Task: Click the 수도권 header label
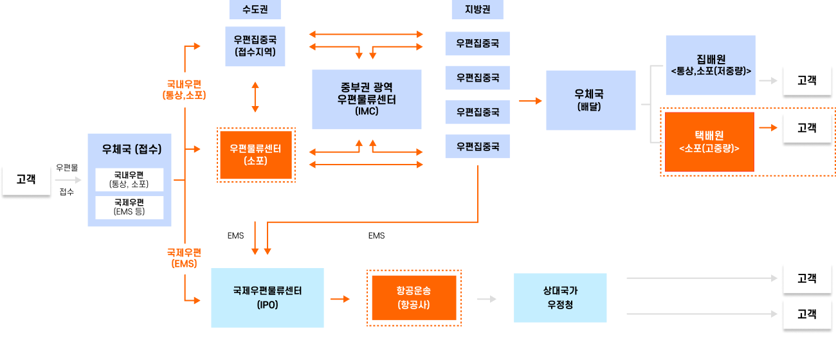pos(255,10)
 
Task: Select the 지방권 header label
pos(477,10)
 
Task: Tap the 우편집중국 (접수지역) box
pos(255,46)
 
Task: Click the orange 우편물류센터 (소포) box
pos(256,154)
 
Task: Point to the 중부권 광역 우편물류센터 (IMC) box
pos(367,99)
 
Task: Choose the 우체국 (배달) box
pos(590,100)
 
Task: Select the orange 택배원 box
pos(709,141)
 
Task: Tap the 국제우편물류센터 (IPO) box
pos(268,298)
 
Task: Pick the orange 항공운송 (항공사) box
pos(413,298)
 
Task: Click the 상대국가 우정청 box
pos(559,298)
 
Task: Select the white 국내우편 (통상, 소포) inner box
pos(129,179)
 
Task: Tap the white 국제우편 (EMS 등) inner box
pos(129,207)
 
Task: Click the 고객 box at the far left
pos(25,182)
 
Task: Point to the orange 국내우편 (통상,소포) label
pos(185,89)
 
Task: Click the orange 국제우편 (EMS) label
pos(185,257)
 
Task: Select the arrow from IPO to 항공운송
pos(340,299)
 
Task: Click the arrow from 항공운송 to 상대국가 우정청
pos(487,299)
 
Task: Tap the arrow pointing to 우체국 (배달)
pos(531,101)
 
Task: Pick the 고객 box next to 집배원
pos(806,80)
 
